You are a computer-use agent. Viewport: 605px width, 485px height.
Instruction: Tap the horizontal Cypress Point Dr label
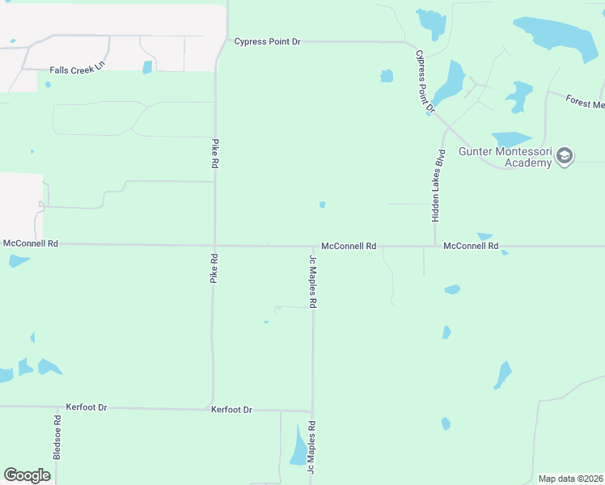pyautogui.click(x=267, y=41)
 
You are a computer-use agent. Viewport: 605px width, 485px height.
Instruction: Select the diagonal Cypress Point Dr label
pyautogui.click(x=425, y=81)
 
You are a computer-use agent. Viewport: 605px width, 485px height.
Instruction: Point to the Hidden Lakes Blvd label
pyautogui.click(x=437, y=186)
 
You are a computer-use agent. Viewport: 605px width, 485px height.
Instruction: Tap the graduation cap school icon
pyautogui.click(x=564, y=156)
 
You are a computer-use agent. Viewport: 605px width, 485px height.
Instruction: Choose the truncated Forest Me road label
pyautogui.click(x=585, y=103)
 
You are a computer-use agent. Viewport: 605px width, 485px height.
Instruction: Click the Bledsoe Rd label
pyautogui.click(x=57, y=437)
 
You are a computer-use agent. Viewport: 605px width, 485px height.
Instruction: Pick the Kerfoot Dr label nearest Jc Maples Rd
pyautogui.click(x=231, y=410)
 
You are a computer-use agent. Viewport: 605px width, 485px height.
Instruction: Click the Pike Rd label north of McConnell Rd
pyautogui.click(x=216, y=153)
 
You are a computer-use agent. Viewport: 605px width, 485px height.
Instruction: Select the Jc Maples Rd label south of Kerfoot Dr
pyautogui.click(x=311, y=452)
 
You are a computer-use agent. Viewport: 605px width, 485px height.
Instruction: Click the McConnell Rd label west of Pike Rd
pyautogui.click(x=31, y=242)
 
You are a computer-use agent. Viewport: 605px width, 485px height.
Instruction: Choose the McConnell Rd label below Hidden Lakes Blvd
pyautogui.click(x=471, y=245)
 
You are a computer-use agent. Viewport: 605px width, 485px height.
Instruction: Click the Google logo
pyautogui.click(x=27, y=475)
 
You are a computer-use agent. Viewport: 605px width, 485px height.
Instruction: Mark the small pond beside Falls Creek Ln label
pyautogui.click(x=147, y=67)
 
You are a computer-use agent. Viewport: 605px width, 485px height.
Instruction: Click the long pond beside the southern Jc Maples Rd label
pyautogui.click(x=299, y=447)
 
